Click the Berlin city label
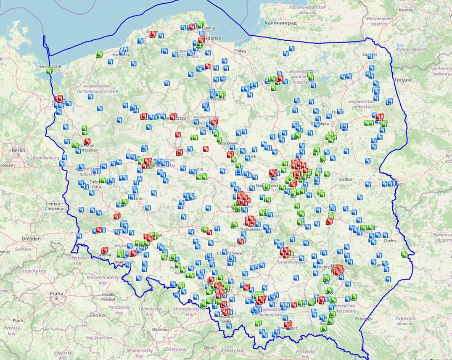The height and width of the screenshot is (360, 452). [18, 150]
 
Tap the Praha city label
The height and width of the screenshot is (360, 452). [56, 293]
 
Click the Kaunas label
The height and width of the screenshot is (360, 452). [405, 9]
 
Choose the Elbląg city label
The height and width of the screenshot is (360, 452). [240, 51]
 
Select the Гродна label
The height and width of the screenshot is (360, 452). [403, 79]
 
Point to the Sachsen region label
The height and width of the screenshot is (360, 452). [24, 249]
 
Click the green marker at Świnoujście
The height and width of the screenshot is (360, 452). [50, 71]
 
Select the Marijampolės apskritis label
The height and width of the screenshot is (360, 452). [379, 21]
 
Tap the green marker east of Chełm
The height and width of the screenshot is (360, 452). [404, 254]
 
